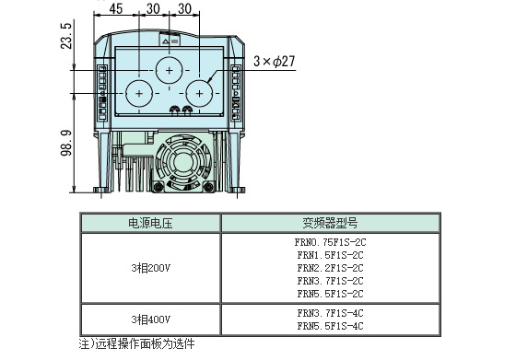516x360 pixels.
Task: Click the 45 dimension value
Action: coord(116,9)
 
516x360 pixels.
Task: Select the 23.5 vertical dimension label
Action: coord(66,36)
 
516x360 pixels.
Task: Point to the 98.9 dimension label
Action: coord(66,143)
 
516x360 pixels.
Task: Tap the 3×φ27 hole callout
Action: coord(275,62)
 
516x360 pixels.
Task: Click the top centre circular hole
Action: coord(170,70)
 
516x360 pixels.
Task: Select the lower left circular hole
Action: coord(139,94)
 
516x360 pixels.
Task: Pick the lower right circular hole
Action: coord(199,94)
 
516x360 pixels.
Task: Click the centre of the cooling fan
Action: coord(183,161)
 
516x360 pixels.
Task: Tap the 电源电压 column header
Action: coord(150,224)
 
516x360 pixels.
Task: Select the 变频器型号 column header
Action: coord(330,224)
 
